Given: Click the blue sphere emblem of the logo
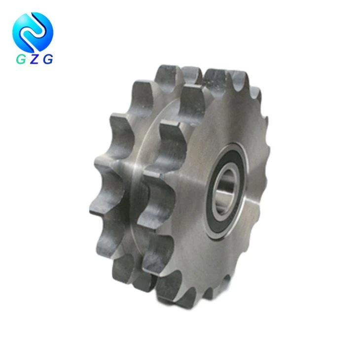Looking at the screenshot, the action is (33, 32).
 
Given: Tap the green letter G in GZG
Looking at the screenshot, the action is (21, 60).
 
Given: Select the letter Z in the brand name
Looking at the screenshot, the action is (35, 60).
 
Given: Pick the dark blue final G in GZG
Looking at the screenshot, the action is (48, 60).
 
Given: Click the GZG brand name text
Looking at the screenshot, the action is (35, 60).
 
